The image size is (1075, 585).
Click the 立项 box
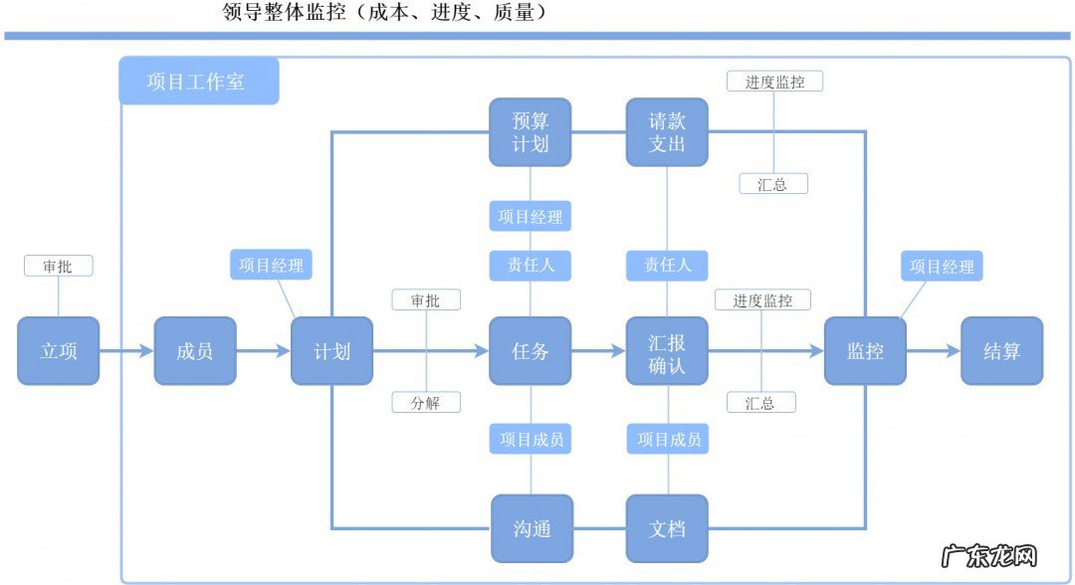(58, 351)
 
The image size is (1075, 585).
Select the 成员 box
(195, 351)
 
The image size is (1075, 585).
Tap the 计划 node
(331, 351)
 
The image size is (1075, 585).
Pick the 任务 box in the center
(530, 351)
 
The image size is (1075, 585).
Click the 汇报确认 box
(667, 351)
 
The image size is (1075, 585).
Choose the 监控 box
(865, 351)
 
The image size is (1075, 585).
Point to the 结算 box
(1001, 351)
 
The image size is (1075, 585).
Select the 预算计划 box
(530, 132)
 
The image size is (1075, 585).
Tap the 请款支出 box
(667, 132)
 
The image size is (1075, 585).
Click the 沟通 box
(530, 528)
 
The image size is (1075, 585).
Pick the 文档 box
(667, 528)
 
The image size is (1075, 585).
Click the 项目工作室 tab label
(198, 82)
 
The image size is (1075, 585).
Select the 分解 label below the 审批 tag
(426, 403)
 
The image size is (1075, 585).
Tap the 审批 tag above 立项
(58, 266)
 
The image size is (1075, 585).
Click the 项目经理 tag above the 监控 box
(943, 267)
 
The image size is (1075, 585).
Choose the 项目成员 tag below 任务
(530, 439)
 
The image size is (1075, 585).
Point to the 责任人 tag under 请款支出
(667, 266)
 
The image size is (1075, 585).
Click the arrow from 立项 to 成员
(126, 351)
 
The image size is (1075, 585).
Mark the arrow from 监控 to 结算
(934, 351)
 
